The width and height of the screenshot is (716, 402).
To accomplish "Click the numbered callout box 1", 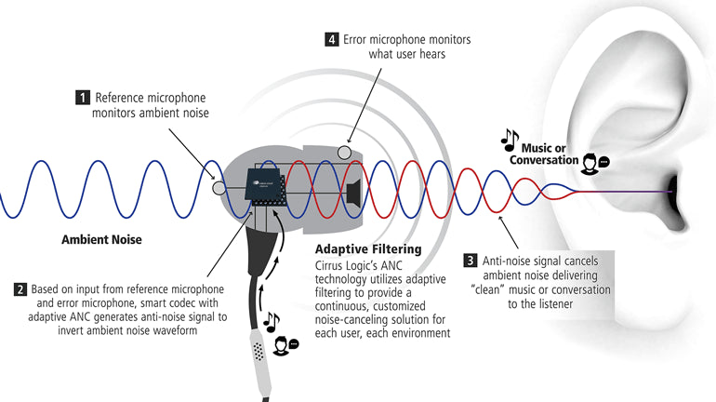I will tap(83, 97).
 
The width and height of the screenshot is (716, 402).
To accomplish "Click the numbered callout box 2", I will tap(20, 288).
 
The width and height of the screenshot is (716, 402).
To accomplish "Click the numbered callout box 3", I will tap(470, 260).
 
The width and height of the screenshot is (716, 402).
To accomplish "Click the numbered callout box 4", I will tap(330, 39).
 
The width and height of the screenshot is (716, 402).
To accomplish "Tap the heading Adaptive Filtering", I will tap(368, 249).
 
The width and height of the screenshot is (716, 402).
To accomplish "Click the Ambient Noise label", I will tap(101, 239).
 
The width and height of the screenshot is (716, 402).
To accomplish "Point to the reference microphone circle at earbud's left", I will tap(219, 187).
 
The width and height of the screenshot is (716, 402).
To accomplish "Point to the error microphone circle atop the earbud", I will tap(345, 152).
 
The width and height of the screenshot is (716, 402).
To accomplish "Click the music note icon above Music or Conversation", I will tap(510, 140).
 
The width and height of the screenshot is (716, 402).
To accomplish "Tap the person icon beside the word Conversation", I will tap(591, 164).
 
